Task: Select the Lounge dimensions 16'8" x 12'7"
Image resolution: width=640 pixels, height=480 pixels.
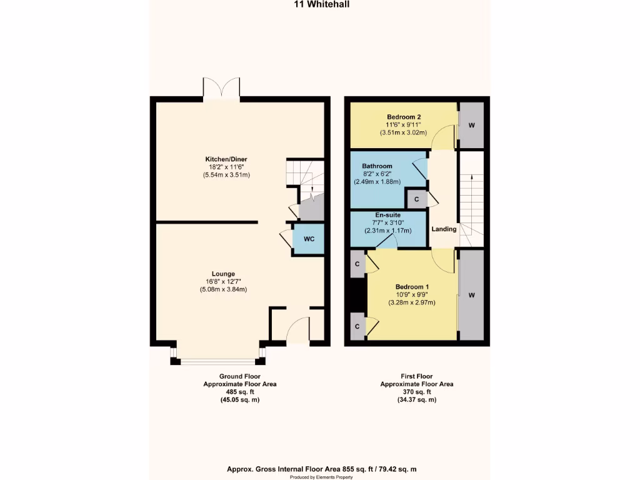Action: coord(223,281)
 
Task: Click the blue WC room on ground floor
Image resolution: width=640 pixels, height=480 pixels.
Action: coord(309,239)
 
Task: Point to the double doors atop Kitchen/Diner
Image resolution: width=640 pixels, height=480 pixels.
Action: coord(221,87)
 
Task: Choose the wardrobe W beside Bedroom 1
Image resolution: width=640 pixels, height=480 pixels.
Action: coord(472,294)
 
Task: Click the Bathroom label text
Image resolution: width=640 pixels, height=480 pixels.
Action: coord(377,166)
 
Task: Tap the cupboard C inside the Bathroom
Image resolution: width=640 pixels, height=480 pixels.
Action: coord(417,199)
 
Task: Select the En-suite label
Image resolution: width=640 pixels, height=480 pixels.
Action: coord(388,222)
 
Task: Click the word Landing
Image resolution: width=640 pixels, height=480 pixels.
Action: coord(444,229)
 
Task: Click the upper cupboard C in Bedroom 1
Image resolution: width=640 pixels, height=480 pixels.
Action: coord(357,263)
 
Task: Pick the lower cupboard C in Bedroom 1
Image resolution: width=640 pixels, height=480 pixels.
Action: coord(357,327)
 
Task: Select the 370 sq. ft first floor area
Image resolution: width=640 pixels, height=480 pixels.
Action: coord(417,392)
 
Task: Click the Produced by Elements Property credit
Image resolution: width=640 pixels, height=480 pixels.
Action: coord(319,476)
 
